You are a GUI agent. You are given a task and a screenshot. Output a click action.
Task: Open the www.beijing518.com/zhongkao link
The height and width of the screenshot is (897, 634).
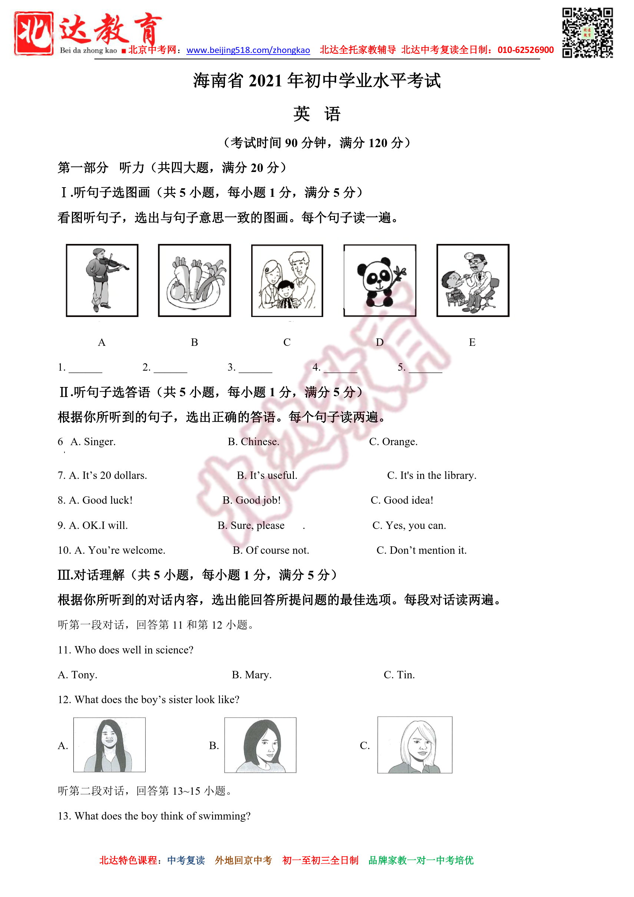(x=248, y=50)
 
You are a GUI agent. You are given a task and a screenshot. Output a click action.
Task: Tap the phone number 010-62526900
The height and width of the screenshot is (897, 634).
(x=525, y=50)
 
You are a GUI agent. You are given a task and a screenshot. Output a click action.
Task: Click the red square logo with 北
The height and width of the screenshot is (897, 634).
(x=34, y=33)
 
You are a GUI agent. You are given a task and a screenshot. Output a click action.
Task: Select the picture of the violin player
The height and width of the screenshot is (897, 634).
(x=102, y=280)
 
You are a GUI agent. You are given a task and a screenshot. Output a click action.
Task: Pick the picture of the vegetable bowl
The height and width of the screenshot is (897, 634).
(x=195, y=280)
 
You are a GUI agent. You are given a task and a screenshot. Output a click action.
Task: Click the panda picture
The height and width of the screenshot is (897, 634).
(x=380, y=280)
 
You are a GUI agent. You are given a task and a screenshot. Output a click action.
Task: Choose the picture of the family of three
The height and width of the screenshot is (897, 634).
(x=287, y=280)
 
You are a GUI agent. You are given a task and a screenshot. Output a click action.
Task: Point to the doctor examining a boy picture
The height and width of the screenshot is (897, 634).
(x=473, y=280)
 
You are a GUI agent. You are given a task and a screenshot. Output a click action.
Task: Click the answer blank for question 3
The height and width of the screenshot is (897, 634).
(x=255, y=368)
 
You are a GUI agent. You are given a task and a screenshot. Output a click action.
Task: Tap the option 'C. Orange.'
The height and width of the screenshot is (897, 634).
(x=393, y=441)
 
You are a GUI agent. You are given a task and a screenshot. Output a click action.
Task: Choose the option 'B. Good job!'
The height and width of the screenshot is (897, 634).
(x=252, y=500)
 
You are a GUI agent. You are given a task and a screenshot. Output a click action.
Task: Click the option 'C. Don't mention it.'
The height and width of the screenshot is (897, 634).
(x=422, y=550)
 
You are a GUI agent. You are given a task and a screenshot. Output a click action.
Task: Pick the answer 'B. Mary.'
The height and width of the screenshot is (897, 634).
(x=252, y=675)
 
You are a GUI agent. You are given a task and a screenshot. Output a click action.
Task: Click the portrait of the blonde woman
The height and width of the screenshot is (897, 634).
(x=415, y=745)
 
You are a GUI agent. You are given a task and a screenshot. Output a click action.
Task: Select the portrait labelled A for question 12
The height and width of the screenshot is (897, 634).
(x=109, y=745)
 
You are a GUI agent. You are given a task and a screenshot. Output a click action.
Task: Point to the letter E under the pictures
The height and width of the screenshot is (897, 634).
(x=472, y=342)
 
